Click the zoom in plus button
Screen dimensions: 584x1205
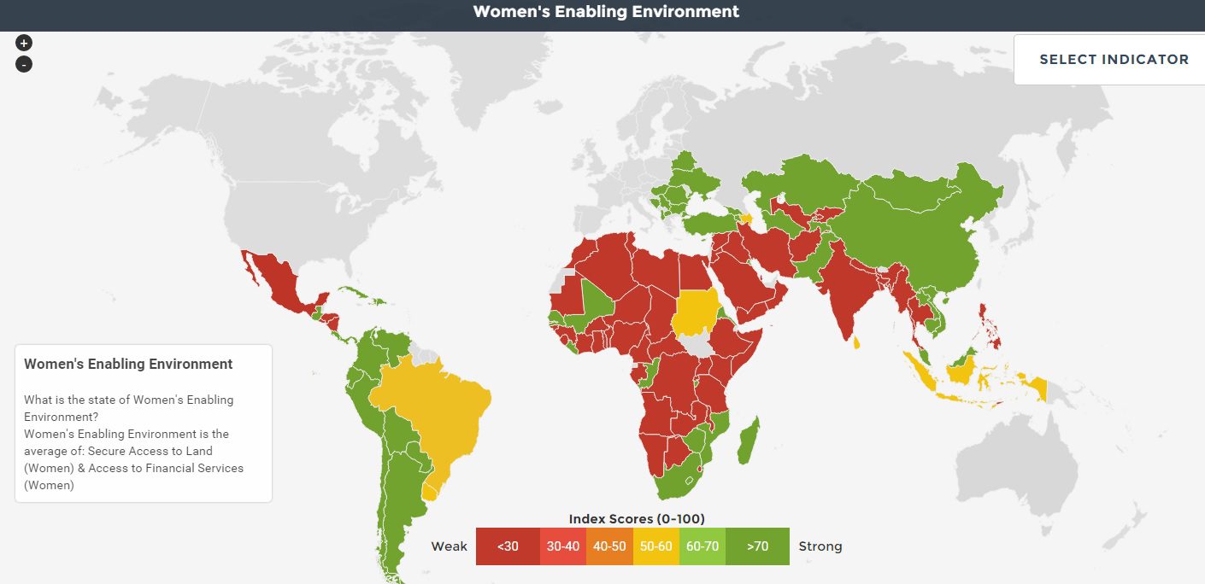tap(24, 43)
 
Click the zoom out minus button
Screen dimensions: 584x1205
tap(24, 64)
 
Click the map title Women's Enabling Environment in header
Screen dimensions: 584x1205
tap(606, 12)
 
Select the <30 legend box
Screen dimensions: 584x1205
tap(508, 546)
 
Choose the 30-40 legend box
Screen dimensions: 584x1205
tap(562, 546)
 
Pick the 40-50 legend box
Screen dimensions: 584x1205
tap(609, 546)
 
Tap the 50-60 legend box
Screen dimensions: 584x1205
tap(655, 546)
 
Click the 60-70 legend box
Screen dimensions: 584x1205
tap(702, 546)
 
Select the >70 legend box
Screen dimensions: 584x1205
tap(756, 546)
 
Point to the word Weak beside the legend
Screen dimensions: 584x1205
tap(450, 546)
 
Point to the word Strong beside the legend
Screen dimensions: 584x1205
tap(820, 546)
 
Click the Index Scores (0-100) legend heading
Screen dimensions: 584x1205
tap(637, 519)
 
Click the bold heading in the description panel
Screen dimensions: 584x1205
tap(128, 364)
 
